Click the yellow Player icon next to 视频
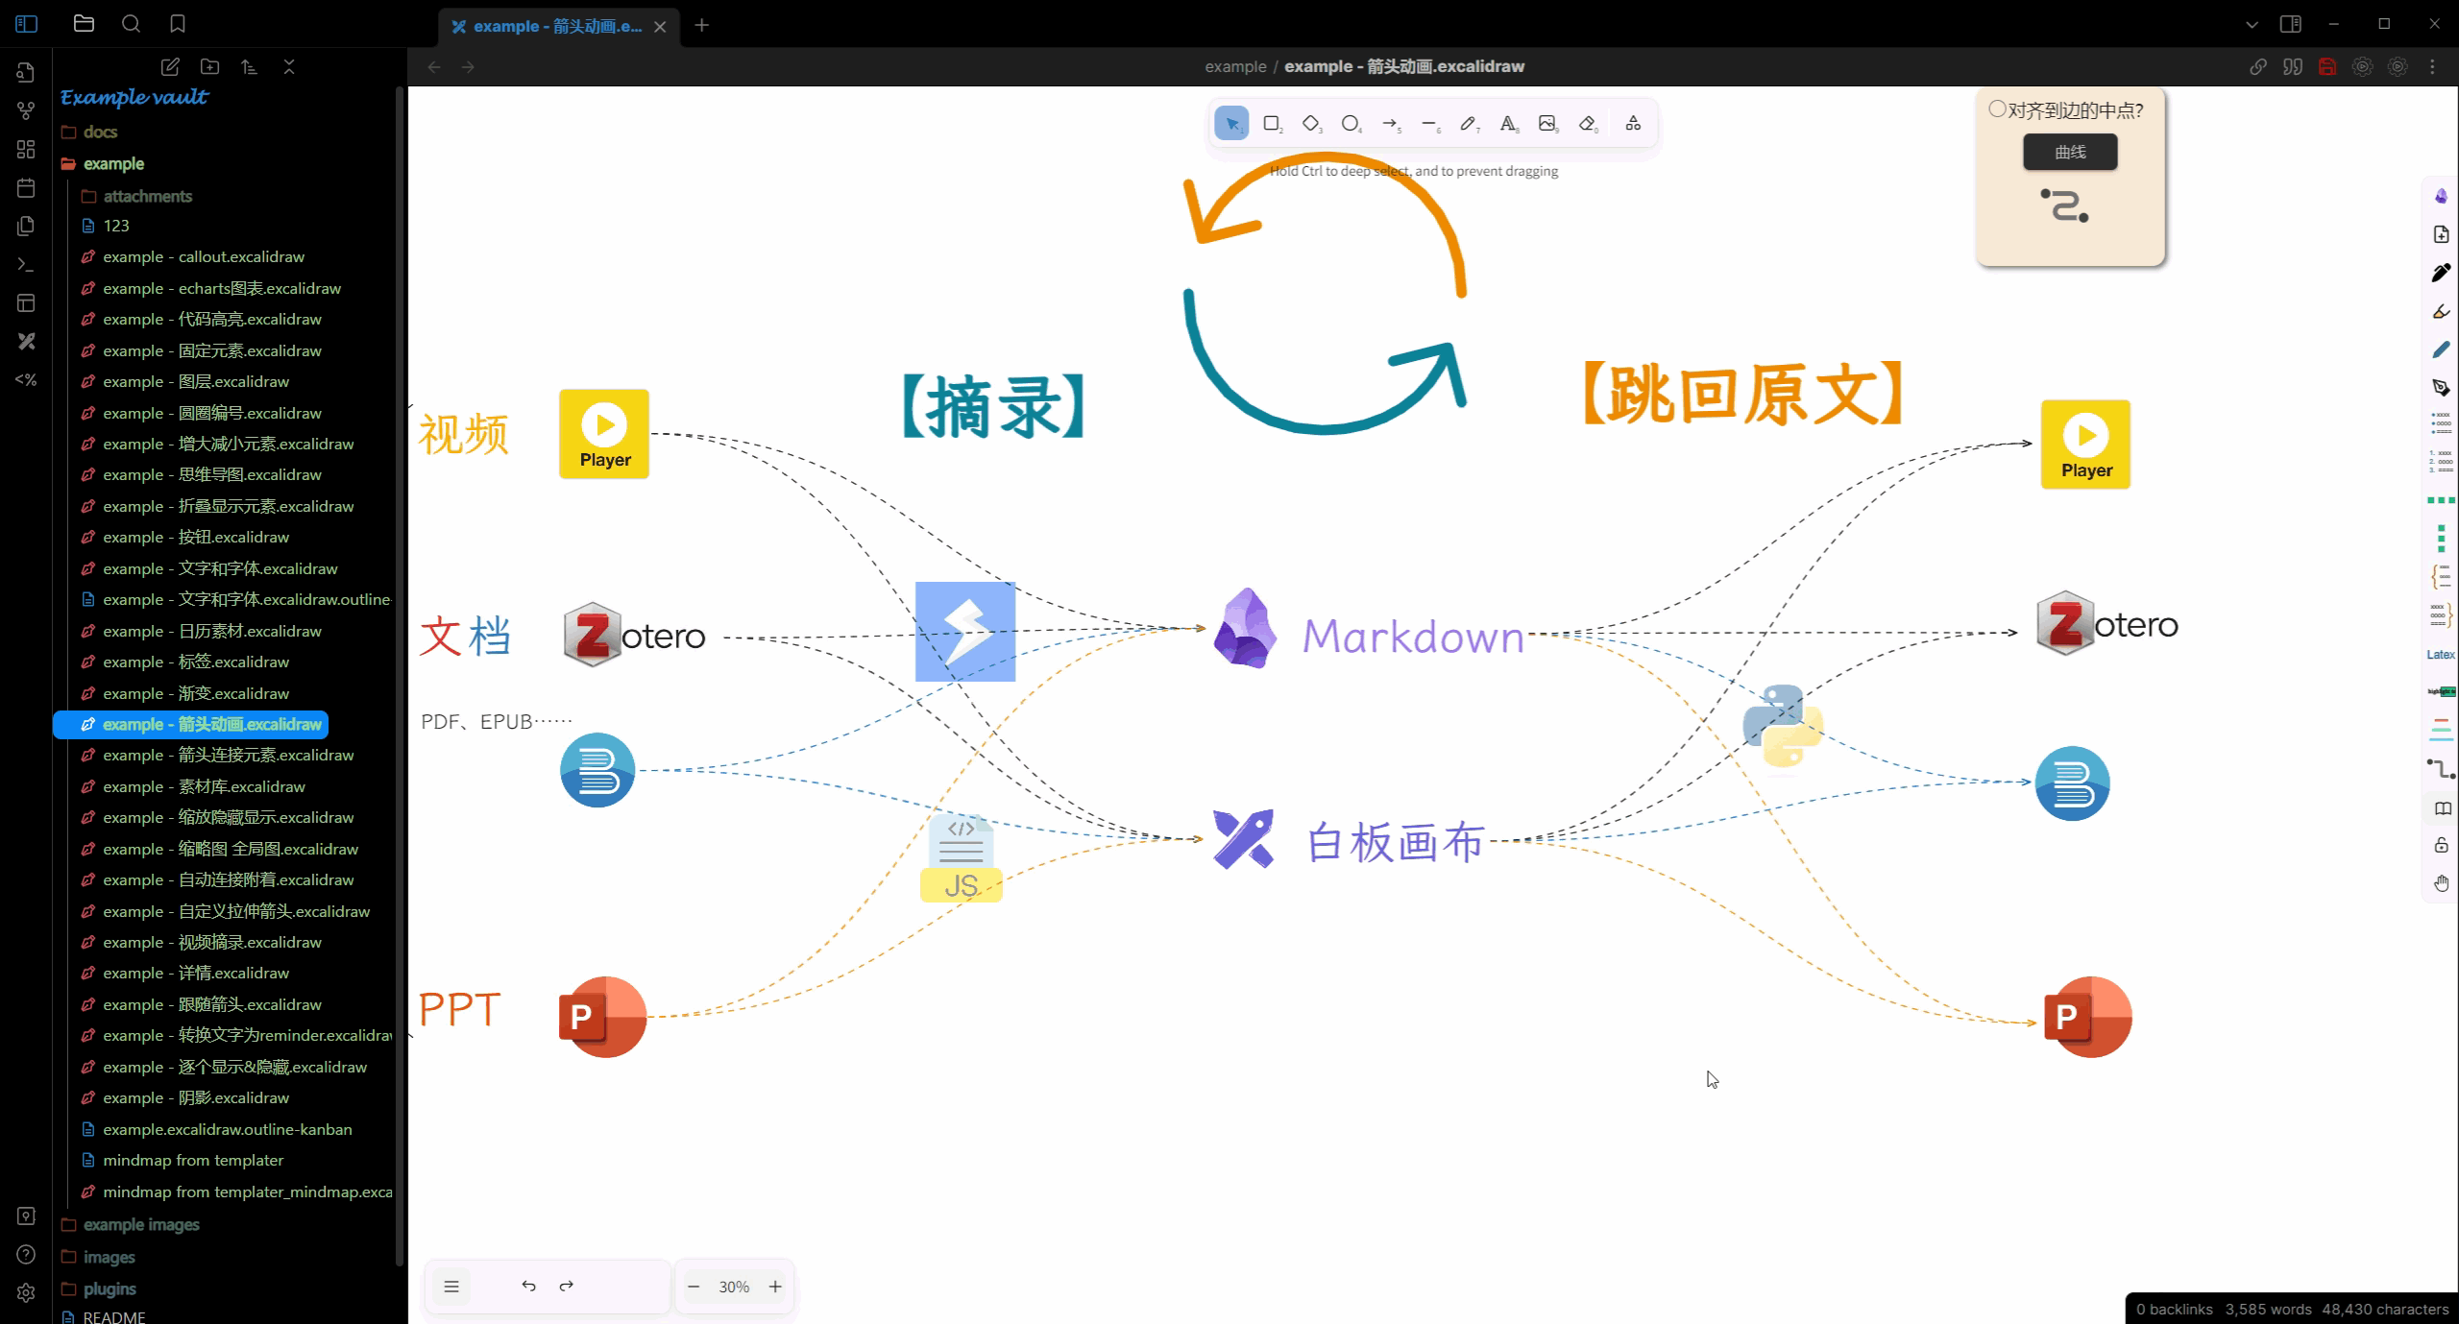click(604, 433)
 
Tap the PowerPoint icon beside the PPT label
click(602, 1017)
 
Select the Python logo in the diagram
click(1783, 726)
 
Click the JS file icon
click(961, 857)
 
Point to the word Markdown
click(1413, 637)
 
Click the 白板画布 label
click(1396, 842)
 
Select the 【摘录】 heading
click(993, 406)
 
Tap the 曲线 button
click(2070, 152)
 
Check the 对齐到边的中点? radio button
click(1998, 109)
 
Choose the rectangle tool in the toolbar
click(1272, 124)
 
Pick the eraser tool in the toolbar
click(1587, 124)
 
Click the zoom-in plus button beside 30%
click(775, 1287)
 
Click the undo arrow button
click(528, 1287)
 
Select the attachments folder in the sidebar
click(147, 196)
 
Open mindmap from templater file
click(192, 1160)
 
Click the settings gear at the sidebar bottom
click(26, 1292)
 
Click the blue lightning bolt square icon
click(964, 631)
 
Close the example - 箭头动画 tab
click(660, 27)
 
